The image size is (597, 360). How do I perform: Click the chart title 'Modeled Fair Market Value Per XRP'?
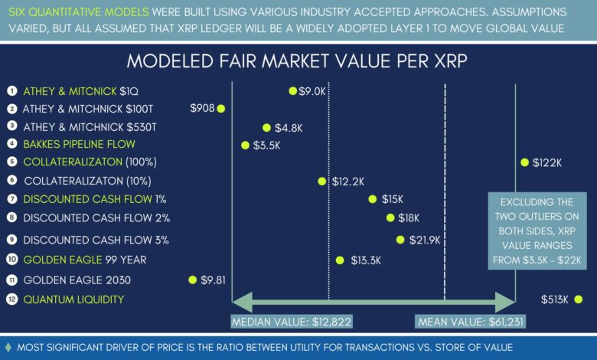click(298, 61)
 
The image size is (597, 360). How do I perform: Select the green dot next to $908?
click(221, 109)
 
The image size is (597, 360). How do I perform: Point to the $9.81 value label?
click(214, 280)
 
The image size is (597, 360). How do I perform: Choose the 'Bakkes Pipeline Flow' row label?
click(74, 143)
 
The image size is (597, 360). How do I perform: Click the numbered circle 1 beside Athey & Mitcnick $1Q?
click(11, 90)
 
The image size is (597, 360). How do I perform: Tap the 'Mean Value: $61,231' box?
click(471, 322)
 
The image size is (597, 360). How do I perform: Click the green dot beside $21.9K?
click(400, 240)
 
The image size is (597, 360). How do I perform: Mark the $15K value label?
click(393, 199)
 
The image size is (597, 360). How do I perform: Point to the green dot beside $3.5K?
click(245, 145)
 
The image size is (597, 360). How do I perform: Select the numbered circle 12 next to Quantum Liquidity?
click(11, 299)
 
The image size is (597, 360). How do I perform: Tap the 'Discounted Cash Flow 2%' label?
click(96, 218)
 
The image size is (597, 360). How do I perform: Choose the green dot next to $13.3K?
click(340, 260)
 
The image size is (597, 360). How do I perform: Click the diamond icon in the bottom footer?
click(8, 347)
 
